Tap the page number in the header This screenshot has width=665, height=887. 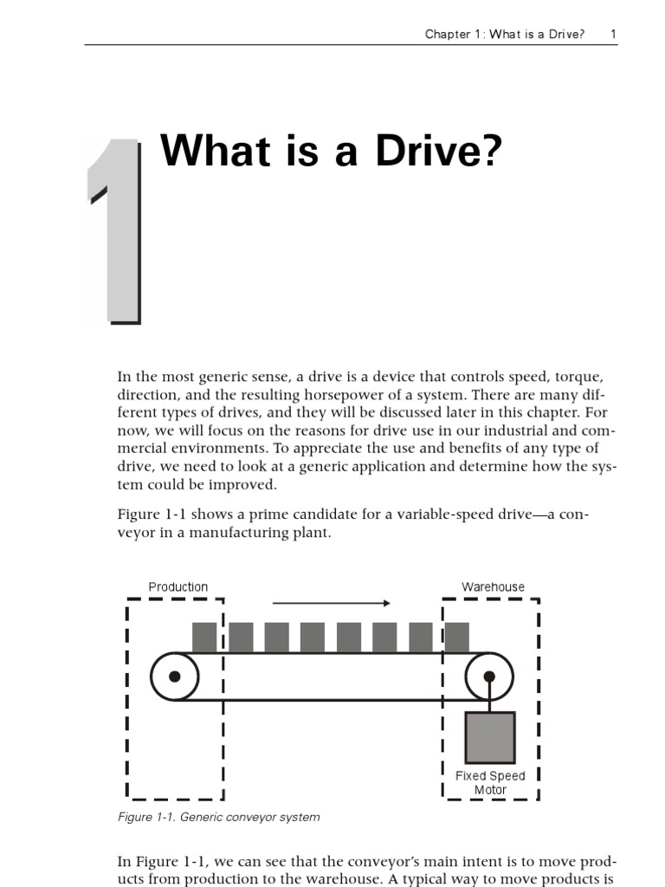[613, 35]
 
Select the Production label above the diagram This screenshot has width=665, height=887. [178, 587]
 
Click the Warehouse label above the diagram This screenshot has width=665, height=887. [493, 587]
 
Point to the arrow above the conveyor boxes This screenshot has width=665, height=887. [332, 603]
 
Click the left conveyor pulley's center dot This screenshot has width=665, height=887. [175, 677]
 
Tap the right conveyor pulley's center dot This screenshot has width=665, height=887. [489, 677]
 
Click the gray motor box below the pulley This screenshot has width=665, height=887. [490, 737]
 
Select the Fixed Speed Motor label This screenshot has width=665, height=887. [490, 783]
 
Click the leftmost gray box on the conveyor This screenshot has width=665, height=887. [204, 638]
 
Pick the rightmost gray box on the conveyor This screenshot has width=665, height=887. [456, 638]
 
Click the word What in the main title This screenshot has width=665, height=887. [208, 152]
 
